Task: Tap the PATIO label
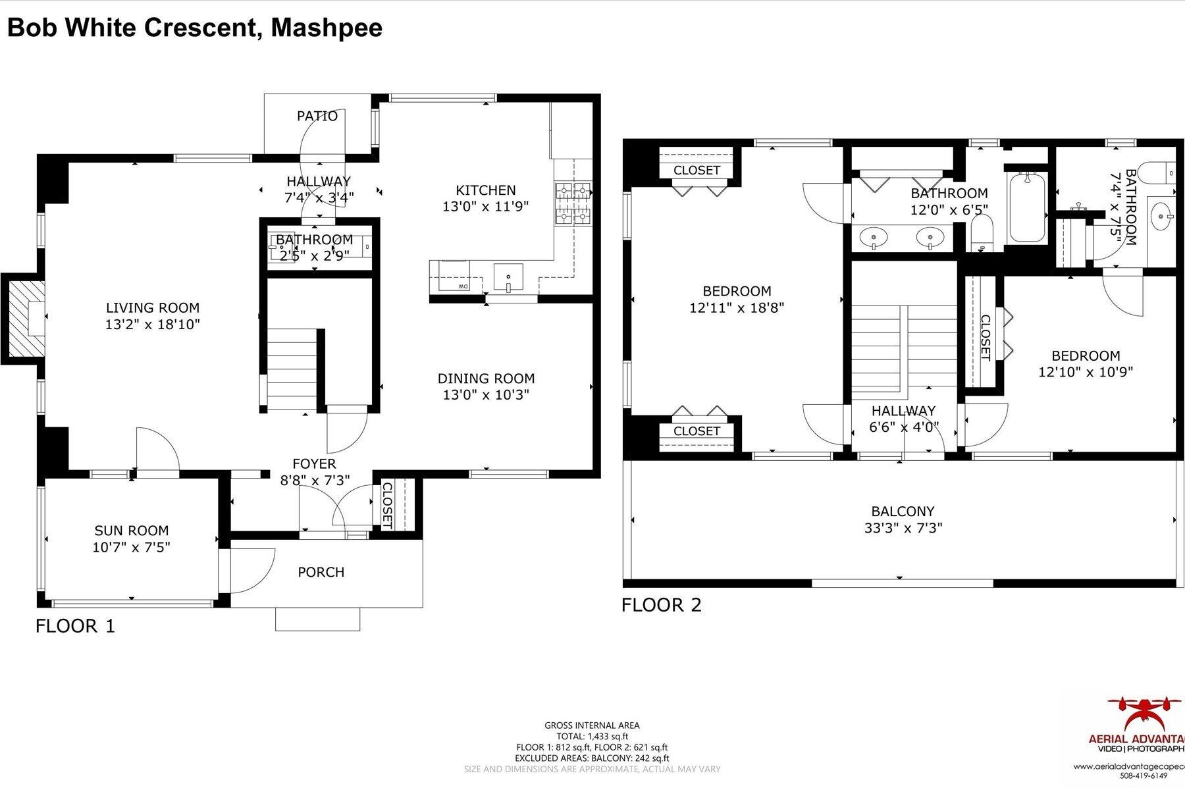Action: [x=317, y=117]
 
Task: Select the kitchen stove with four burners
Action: [x=573, y=203]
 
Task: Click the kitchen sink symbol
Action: [x=508, y=276]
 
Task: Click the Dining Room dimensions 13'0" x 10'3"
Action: [x=486, y=395]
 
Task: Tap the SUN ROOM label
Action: [x=132, y=531]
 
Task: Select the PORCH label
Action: [x=321, y=572]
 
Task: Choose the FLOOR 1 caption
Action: [x=75, y=625]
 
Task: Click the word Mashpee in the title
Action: [x=327, y=28]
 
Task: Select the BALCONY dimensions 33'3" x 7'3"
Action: [x=903, y=528]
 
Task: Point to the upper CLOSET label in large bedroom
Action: [x=697, y=170]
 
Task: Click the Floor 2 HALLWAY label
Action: [x=903, y=411]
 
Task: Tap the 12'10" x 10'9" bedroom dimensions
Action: [x=1086, y=372]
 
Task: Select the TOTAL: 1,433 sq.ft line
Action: [x=592, y=737]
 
